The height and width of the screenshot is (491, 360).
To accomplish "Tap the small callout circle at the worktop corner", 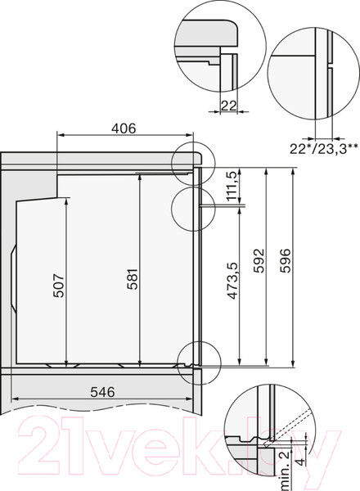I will pos(192,160).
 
